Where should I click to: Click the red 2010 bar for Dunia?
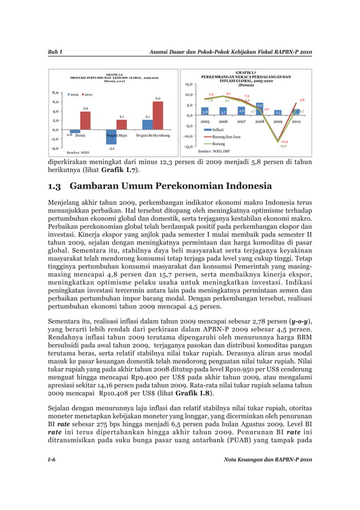coord(85,120)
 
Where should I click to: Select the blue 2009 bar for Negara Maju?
coord(111,137)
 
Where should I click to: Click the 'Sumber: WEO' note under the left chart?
coord(78,152)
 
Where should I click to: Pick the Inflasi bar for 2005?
coord(205,111)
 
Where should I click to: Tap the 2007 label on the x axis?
coord(241,121)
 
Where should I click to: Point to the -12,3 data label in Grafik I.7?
coord(285,142)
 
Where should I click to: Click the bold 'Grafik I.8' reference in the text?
coord(194,393)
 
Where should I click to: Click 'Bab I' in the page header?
coord(54,53)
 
